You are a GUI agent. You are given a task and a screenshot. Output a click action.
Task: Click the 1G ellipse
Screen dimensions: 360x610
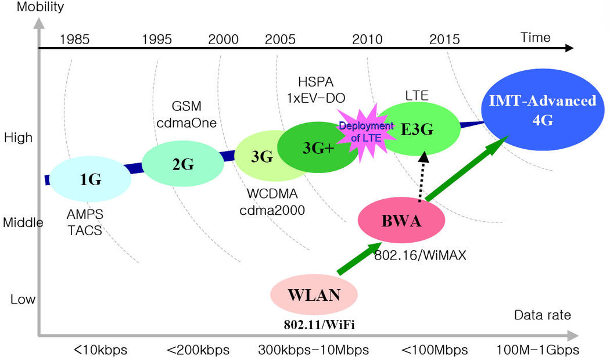click(x=90, y=180)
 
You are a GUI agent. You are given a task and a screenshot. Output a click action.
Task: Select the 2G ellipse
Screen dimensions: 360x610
click(x=183, y=164)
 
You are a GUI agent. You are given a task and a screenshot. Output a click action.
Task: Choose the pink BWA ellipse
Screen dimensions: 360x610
click(x=401, y=221)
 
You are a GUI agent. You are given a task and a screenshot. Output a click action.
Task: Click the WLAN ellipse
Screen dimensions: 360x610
click(x=314, y=294)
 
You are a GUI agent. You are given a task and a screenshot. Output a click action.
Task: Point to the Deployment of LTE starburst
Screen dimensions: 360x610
click(x=358, y=130)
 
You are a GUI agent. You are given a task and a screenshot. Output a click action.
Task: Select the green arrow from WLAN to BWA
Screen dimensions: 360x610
click(x=357, y=258)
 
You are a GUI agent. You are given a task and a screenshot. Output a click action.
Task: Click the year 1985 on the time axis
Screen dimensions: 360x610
click(x=74, y=39)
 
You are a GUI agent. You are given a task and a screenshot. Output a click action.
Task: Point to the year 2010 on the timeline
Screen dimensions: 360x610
click(x=367, y=39)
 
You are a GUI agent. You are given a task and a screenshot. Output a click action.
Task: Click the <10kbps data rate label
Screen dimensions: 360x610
click(x=100, y=350)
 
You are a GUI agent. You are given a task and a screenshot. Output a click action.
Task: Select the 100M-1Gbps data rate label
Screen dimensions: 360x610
click(x=537, y=350)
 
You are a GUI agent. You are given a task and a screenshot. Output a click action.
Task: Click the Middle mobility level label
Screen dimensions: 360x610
click(x=23, y=222)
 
